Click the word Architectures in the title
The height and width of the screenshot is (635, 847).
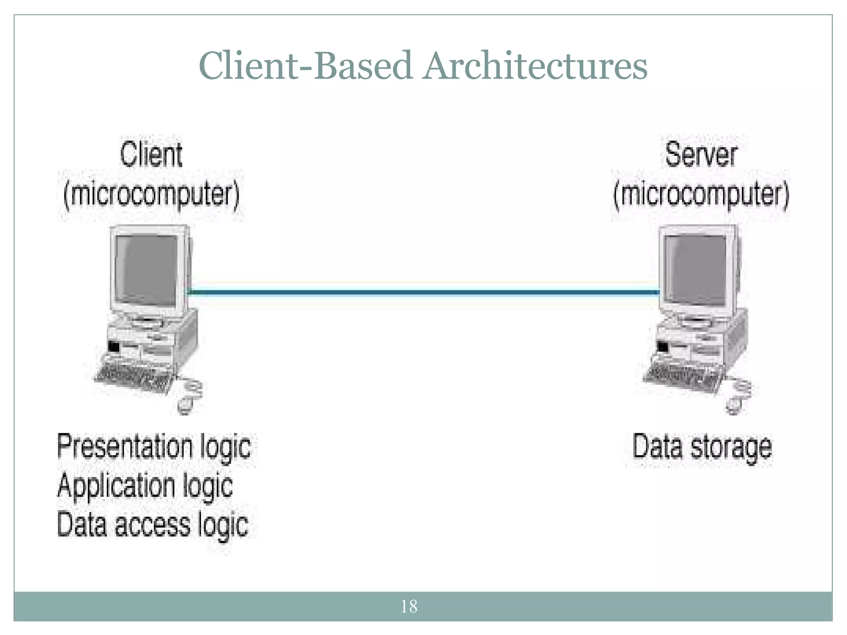(x=535, y=66)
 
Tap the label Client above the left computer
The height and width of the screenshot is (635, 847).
(x=151, y=155)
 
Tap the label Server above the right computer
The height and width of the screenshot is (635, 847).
(x=701, y=155)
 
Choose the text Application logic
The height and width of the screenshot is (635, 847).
(x=145, y=486)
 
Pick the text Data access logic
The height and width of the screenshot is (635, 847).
(x=152, y=525)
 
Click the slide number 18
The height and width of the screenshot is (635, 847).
(x=409, y=606)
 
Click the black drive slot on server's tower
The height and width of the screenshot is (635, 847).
(x=663, y=346)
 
